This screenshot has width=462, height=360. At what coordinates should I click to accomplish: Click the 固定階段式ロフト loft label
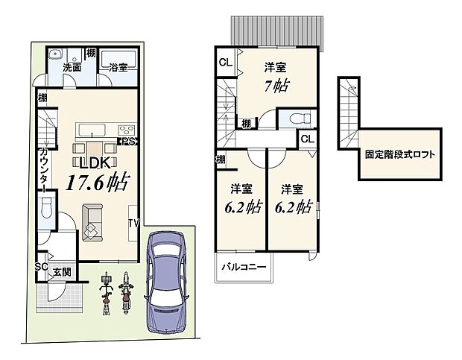400,157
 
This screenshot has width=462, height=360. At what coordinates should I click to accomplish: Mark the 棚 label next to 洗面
90,54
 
